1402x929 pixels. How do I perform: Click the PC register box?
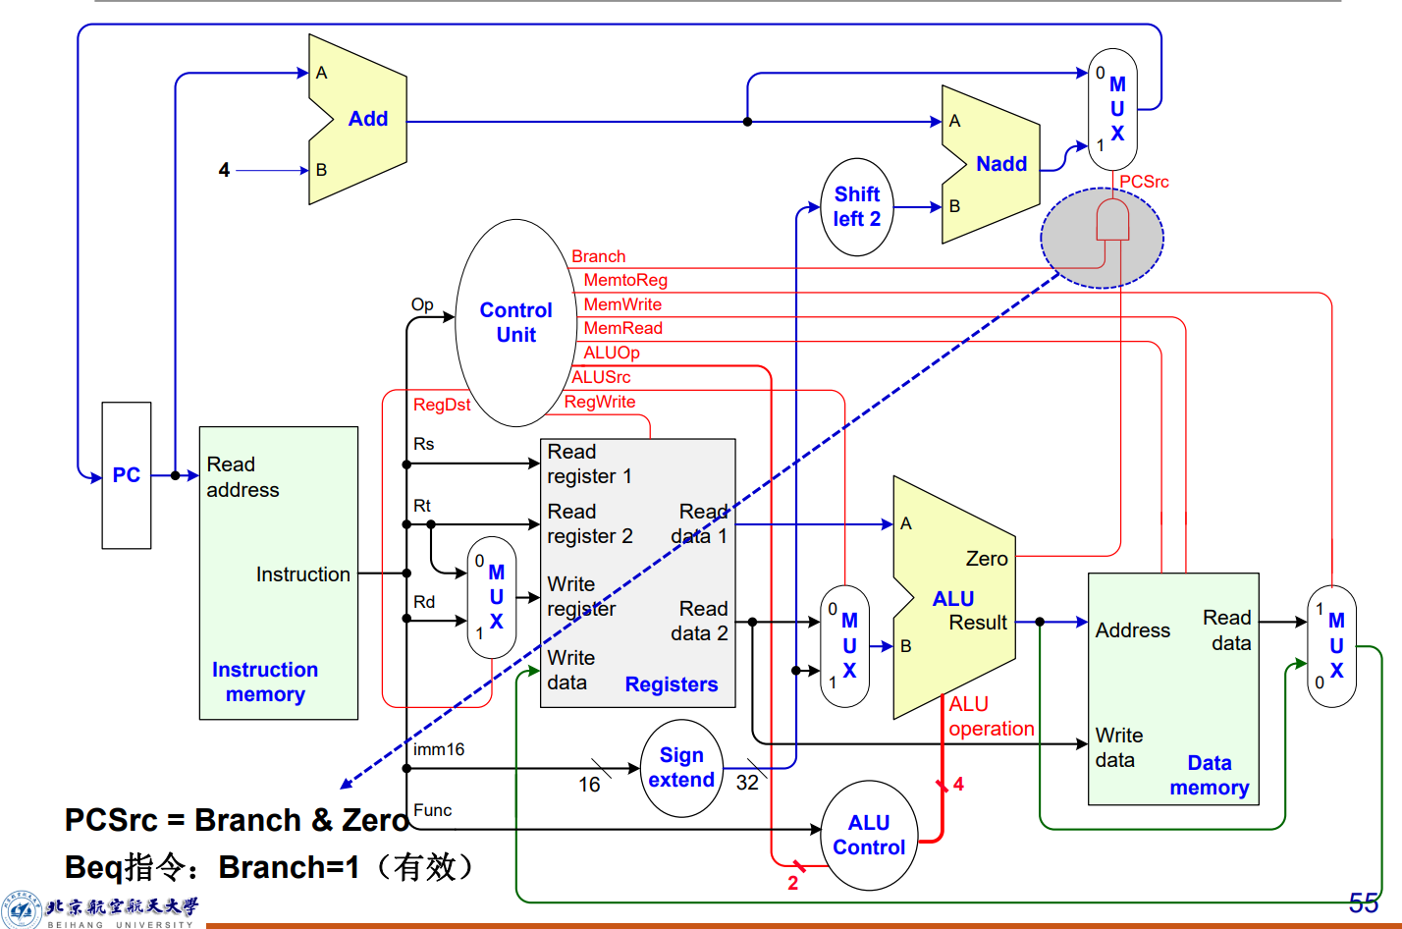coord(127,475)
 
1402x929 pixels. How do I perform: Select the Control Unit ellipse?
coord(515,322)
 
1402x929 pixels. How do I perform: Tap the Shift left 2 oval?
coord(857,207)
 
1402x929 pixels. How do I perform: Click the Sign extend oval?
coord(681,768)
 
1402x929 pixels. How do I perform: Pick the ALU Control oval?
coord(869,835)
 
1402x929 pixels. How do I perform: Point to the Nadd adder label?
coord(1001,164)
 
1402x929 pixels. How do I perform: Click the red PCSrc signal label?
coord(1144,182)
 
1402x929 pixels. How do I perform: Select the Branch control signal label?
coord(598,256)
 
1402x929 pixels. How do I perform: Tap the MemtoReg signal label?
coord(625,280)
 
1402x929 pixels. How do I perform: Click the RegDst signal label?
coord(442,405)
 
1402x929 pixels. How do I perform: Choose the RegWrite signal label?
coord(600,402)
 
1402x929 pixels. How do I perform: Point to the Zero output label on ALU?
coord(987,559)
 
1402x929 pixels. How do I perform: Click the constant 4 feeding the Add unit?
coord(224,170)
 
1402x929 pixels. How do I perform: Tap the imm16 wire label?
coord(439,749)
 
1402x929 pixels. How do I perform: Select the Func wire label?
coord(433,810)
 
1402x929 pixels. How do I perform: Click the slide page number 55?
coord(1363,902)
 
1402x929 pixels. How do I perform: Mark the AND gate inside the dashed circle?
coord(1112,221)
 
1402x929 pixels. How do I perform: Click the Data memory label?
coord(1210,776)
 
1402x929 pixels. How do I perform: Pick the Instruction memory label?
coord(265,682)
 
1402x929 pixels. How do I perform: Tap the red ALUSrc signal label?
coord(601,377)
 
